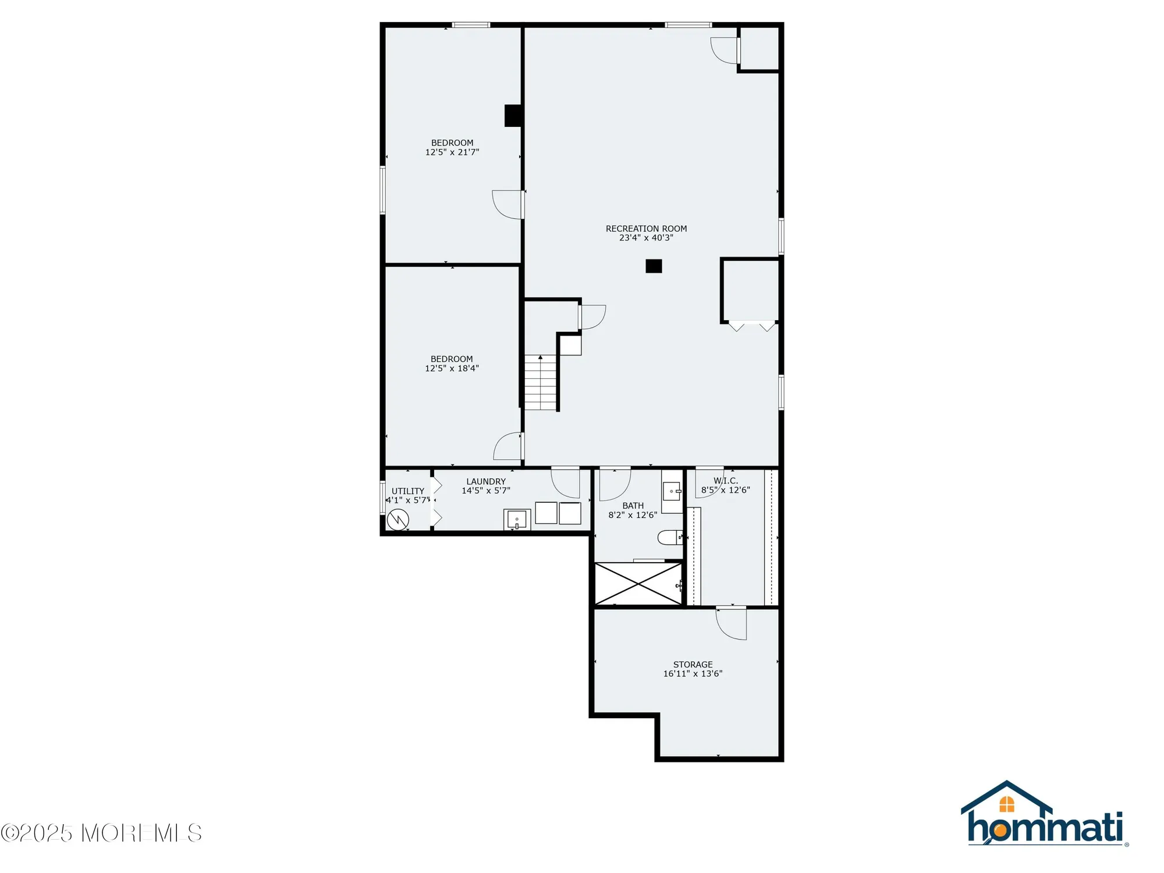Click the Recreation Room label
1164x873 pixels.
[646, 229]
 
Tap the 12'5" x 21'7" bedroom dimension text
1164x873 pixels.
[452, 152]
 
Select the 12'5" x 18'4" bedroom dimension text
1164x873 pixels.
[452, 368]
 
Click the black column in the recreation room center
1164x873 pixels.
[654, 266]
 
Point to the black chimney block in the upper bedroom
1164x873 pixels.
[513, 115]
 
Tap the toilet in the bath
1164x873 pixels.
[669, 537]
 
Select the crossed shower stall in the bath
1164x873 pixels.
[638, 584]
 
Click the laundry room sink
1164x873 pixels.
[517, 519]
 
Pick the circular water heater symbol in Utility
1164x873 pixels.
[398, 519]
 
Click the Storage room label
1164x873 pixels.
[693, 665]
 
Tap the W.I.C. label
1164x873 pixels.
[726, 481]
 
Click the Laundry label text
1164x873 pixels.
[486, 481]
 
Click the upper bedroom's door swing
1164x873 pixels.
[508, 204]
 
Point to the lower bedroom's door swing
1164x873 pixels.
[508, 446]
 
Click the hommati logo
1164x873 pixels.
[1045, 815]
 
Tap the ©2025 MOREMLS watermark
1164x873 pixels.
[101, 833]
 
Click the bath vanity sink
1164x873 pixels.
[672, 491]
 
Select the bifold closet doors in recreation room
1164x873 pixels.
[751, 326]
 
